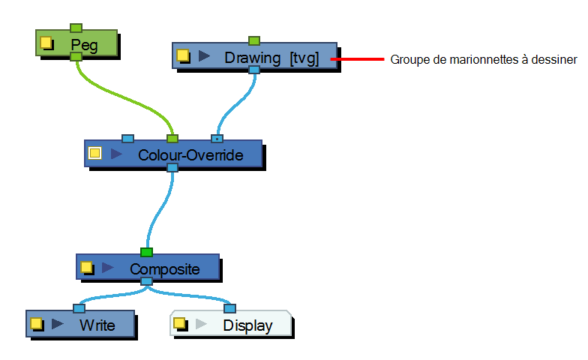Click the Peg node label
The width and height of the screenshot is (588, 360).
84,45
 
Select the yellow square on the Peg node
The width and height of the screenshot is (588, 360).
46,42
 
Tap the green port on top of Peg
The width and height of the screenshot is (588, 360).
76,28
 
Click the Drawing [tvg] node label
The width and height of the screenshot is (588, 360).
271,58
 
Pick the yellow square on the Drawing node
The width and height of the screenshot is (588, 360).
182,55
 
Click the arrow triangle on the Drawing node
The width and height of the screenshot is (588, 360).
204,55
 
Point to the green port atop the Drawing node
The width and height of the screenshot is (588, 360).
254,40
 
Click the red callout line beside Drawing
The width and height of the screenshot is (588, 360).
357,59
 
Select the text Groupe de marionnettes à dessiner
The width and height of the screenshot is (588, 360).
484,60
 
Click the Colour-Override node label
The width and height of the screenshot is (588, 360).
190,155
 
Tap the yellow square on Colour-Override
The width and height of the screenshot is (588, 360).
94,153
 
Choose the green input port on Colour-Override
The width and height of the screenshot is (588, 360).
172,139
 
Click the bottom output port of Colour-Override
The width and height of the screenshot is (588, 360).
172,168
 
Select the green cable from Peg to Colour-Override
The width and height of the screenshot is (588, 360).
124,98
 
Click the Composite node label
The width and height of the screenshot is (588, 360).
165,269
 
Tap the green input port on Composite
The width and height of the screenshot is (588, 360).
147,252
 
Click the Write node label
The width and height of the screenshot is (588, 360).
97,325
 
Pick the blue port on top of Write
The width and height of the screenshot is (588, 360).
79,309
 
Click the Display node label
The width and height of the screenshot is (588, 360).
247,325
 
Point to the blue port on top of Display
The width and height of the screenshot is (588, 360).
229,309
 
